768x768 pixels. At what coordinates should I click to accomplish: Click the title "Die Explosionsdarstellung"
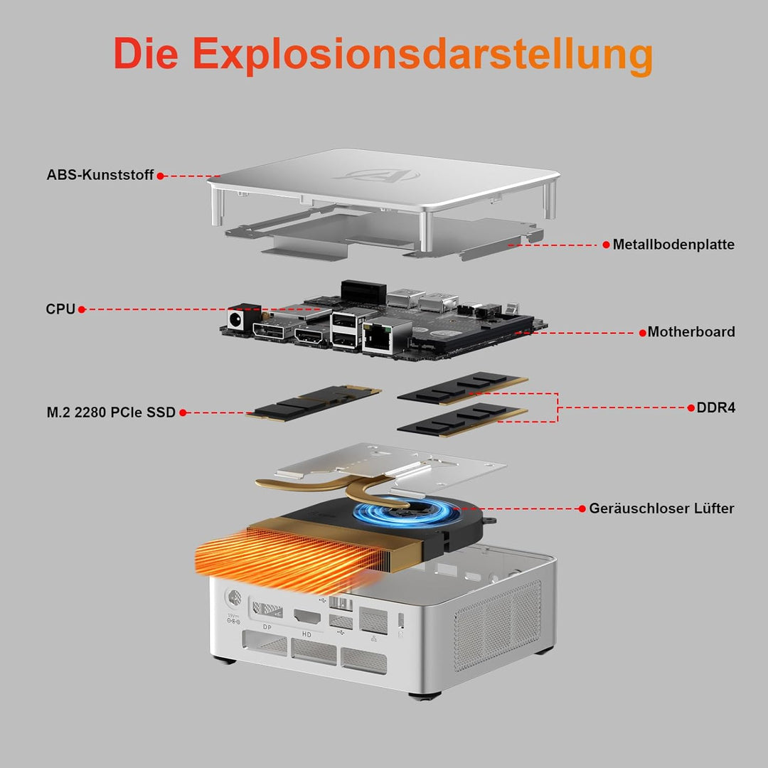pyautogui.click(x=383, y=54)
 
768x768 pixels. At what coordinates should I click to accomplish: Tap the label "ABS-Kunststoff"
pyautogui.click(x=100, y=175)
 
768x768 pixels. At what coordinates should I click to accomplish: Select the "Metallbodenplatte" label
pyautogui.click(x=673, y=245)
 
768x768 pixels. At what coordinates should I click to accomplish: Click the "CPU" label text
pyautogui.click(x=60, y=309)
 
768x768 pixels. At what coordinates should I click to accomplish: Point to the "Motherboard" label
pyautogui.click(x=691, y=332)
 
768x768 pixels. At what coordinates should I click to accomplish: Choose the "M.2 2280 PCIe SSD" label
pyautogui.click(x=111, y=412)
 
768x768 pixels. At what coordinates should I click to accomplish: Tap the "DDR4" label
pyautogui.click(x=715, y=407)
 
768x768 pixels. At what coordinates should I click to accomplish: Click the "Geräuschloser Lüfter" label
pyautogui.click(x=661, y=508)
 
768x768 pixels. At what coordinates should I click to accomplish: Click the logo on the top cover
pyautogui.click(x=376, y=175)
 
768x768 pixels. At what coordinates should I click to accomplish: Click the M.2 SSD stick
pyautogui.click(x=314, y=402)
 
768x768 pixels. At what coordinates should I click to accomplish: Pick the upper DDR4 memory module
pyautogui.click(x=462, y=388)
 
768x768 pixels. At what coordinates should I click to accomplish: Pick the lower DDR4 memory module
pyautogui.click(x=462, y=420)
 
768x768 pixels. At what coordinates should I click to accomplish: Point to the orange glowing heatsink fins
pyautogui.click(x=289, y=558)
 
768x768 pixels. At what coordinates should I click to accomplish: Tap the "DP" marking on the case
pyautogui.click(x=267, y=627)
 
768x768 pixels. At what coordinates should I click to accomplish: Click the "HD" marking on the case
pyautogui.click(x=306, y=634)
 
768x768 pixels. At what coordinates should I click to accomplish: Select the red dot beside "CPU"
pyautogui.click(x=82, y=309)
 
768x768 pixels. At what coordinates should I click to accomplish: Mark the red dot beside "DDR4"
pyautogui.click(x=691, y=407)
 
